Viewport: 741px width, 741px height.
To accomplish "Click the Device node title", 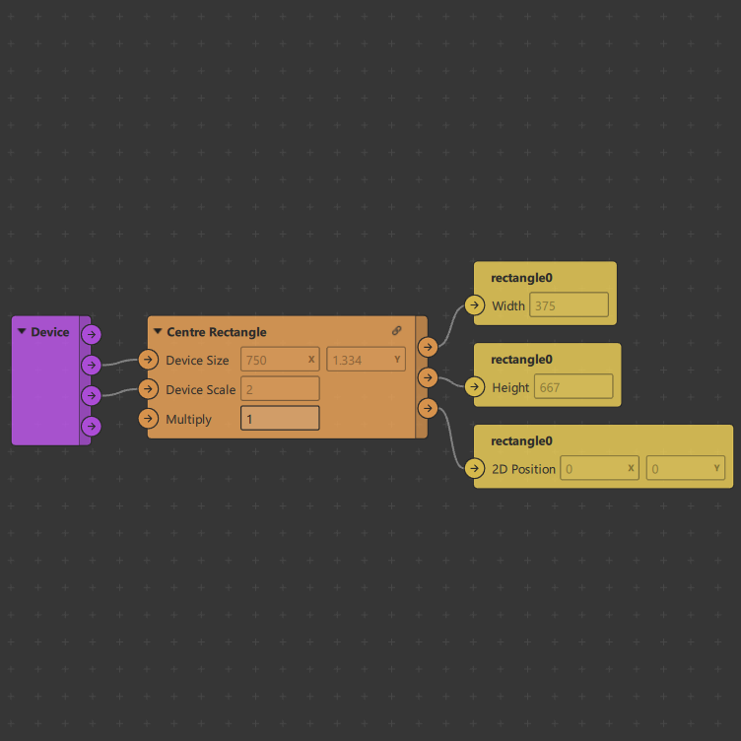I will click(50, 332).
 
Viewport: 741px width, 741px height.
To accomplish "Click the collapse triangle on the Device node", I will click(22, 331).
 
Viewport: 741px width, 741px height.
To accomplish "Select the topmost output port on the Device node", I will click(91, 334).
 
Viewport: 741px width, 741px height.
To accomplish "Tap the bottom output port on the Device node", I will click(91, 426).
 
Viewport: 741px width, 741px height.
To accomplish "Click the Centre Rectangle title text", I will click(216, 332).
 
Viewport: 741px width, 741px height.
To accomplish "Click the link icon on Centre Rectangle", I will click(396, 331).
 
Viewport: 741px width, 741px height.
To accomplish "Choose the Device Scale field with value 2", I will click(280, 389).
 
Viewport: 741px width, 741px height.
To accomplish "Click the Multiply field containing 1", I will click(280, 419).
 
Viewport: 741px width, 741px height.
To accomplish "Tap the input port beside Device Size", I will click(149, 360).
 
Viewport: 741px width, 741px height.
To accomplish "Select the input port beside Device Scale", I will click(149, 389).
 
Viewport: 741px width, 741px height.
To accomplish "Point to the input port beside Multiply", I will click(149, 419).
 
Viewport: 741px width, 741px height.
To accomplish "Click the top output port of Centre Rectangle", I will click(428, 347).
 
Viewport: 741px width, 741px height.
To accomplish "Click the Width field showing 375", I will click(569, 305).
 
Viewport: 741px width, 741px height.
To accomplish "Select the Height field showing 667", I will click(573, 387).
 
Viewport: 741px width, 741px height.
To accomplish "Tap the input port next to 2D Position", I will click(475, 469).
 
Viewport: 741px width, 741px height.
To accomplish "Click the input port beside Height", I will click(475, 387).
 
